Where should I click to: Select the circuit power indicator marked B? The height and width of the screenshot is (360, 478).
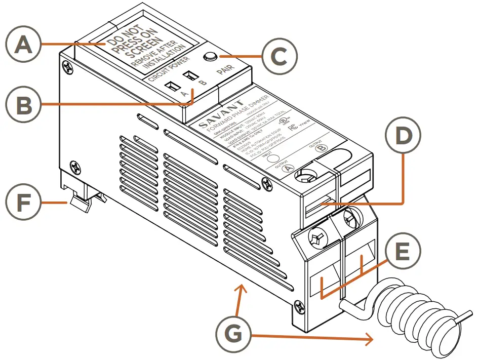pos(191,75)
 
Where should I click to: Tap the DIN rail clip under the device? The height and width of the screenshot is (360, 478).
pos(79,203)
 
